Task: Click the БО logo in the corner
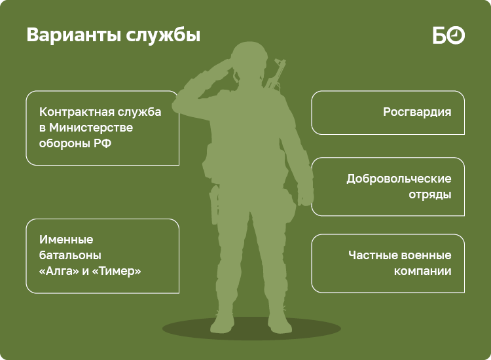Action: click(448, 35)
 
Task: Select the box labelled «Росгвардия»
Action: click(388, 112)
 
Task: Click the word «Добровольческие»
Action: click(399, 179)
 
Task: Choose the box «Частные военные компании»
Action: click(388, 263)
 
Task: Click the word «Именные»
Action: click(66, 240)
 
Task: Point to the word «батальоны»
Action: click(71, 255)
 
